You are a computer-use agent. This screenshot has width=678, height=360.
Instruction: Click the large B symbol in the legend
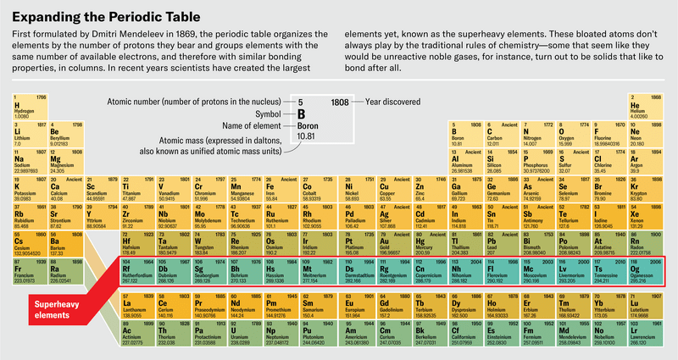(x=299, y=116)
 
